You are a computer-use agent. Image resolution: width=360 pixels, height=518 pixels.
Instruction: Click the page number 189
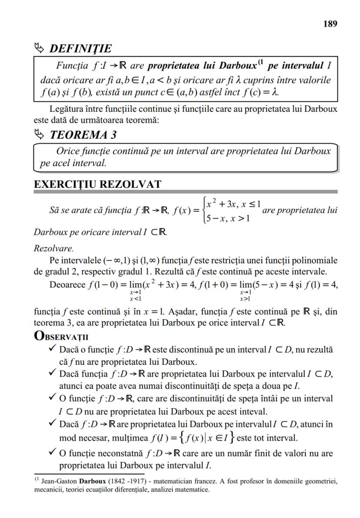[330, 24]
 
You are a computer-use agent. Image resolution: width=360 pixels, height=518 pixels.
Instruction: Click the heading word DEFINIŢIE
[80, 48]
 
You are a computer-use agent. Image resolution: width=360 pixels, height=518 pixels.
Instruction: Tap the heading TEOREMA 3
[83, 135]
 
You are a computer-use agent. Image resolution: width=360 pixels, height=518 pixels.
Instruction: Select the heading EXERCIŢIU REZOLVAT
[97, 184]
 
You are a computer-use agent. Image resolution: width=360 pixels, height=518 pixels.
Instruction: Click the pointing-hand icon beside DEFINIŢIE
[40, 48]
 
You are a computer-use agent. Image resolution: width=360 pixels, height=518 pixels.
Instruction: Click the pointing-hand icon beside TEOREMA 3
[40, 134]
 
